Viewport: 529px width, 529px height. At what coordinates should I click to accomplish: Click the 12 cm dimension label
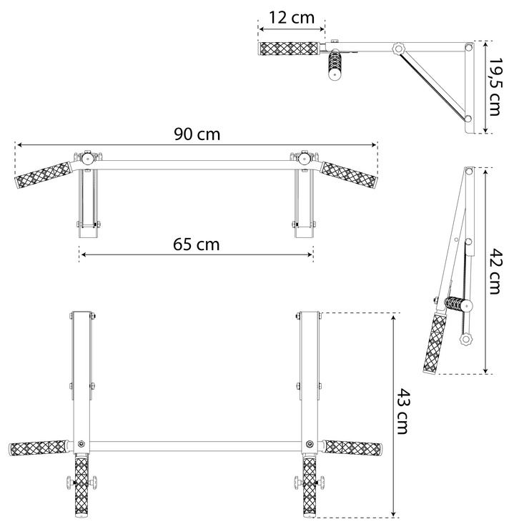[x=292, y=18]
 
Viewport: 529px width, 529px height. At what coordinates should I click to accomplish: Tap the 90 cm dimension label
[x=197, y=134]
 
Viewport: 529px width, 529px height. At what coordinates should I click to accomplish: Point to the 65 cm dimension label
[x=197, y=244]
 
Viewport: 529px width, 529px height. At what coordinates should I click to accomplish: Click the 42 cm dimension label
[x=495, y=272]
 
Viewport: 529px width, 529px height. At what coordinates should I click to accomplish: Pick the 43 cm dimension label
[x=402, y=411]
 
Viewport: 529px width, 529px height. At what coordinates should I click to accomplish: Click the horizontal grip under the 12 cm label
[x=289, y=49]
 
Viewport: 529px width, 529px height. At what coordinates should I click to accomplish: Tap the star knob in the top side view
[x=398, y=48]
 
